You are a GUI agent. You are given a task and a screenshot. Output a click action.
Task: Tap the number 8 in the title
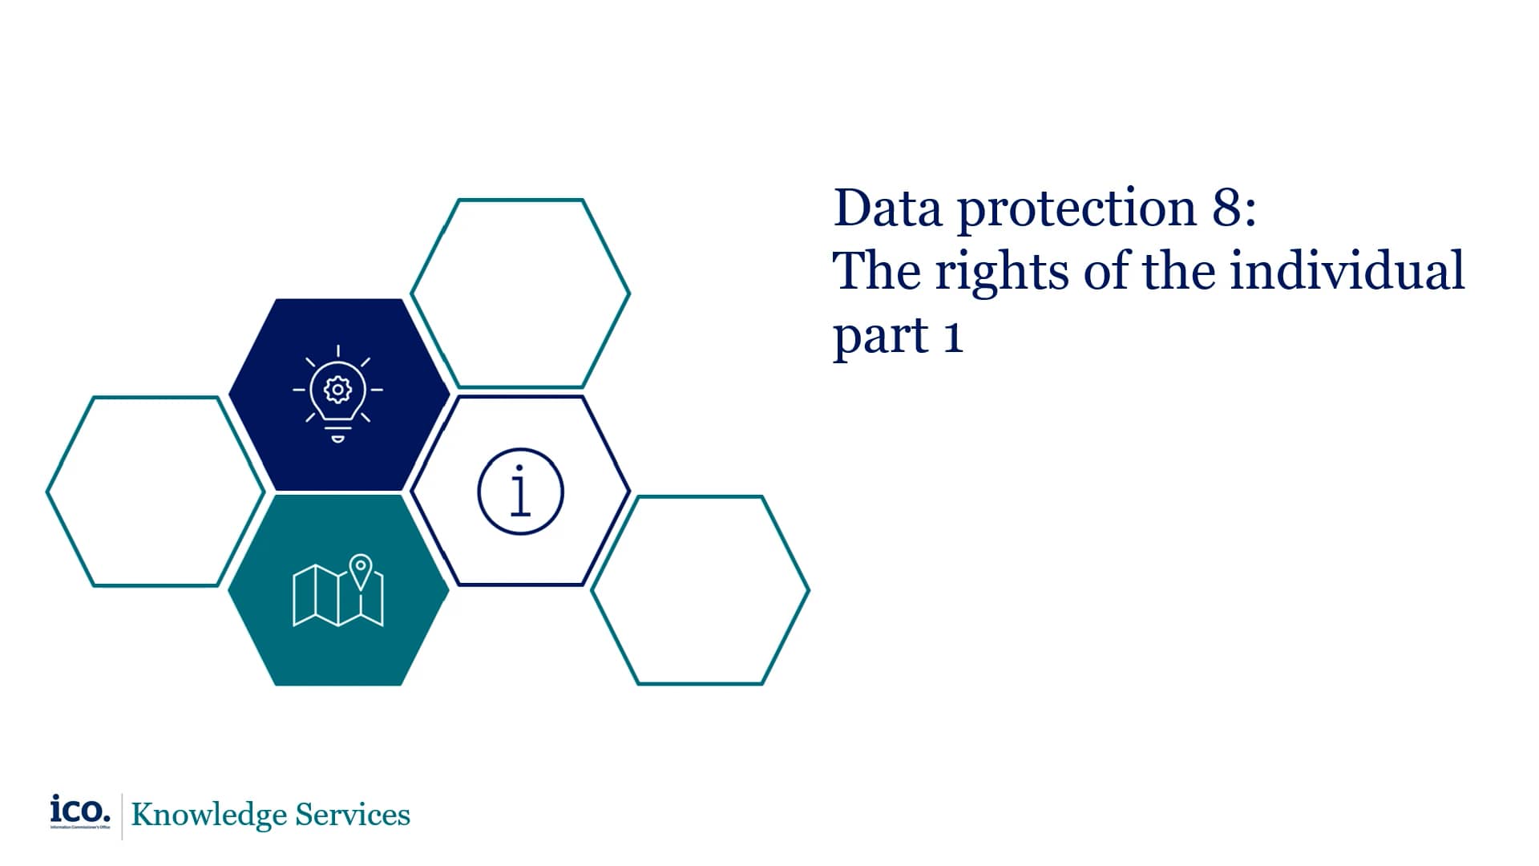1227,208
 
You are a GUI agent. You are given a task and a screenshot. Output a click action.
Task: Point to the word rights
1002,273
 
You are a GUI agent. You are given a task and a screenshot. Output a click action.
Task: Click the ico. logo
80,811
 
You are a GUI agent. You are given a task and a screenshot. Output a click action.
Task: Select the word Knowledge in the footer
208,815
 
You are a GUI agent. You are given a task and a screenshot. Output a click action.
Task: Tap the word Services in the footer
353,815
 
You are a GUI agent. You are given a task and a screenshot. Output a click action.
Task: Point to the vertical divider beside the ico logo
122,816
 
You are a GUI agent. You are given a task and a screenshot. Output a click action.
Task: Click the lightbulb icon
337,393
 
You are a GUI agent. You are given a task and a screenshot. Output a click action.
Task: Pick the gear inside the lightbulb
337,390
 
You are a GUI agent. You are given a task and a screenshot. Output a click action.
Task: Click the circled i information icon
520,492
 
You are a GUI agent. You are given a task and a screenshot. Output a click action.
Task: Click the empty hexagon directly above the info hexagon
520,293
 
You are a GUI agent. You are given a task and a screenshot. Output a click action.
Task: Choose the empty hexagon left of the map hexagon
156,492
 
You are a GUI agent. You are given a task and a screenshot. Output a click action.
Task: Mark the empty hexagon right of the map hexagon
701,590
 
